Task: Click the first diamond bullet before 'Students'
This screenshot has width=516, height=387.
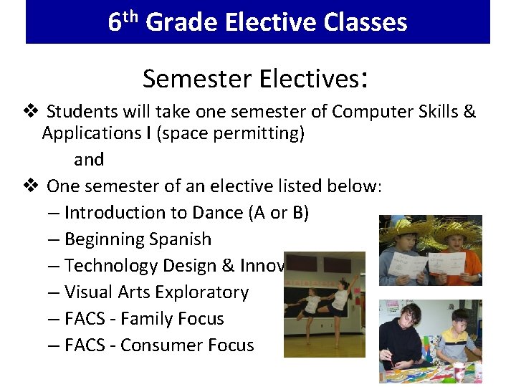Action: pyautogui.click(x=31, y=112)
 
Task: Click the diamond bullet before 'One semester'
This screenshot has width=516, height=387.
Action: pyautogui.click(x=31, y=186)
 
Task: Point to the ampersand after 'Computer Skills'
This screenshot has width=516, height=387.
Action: pyautogui.click(x=470, y=112)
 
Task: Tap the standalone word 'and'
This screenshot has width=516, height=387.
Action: pyautogui.click(x=89, y=160)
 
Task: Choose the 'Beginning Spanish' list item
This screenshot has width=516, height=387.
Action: pyautogui.click(x=138, y=239)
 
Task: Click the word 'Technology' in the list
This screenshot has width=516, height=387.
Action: pyautogui.click(x=111, y=266)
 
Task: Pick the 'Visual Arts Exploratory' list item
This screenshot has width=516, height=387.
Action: pyautogui.click(x=156, y=292)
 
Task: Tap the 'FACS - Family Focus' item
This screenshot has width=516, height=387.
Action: pyautogui.click(x=144, y=319)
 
